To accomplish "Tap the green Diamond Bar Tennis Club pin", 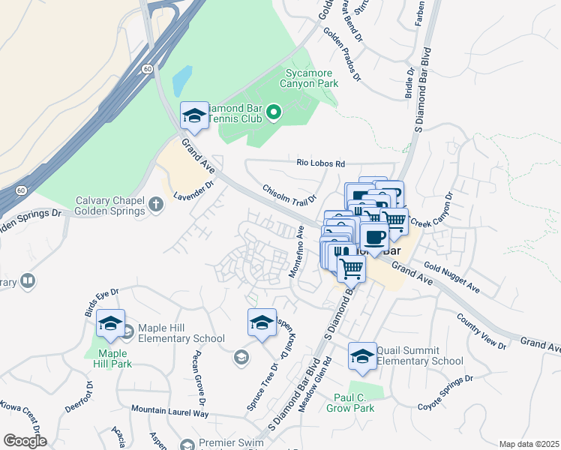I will pyautogui.click(x=274, y=113).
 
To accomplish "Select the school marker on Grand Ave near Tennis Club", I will pyautogui.click(x=194, y=117).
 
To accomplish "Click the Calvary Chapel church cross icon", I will pyautogui.click(x=156, y=204).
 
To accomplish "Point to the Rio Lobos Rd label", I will pyautogui.click(x=320, y=163).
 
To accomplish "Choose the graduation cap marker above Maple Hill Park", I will pyautogui.click(x=110, y=324).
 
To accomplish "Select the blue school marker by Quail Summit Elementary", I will pyautogui.click(x=362, y=357).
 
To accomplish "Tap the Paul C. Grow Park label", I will pyautogui.click(x=350, y=403).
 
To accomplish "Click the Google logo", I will pyautogui.click(x=25, y=441).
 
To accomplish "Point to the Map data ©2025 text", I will pyautogui.click(x=529, y=444).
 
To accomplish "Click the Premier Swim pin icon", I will pyautogui.click(x=187, y=444).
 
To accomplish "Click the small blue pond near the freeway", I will pyautogui.click(x=182, y=80).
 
